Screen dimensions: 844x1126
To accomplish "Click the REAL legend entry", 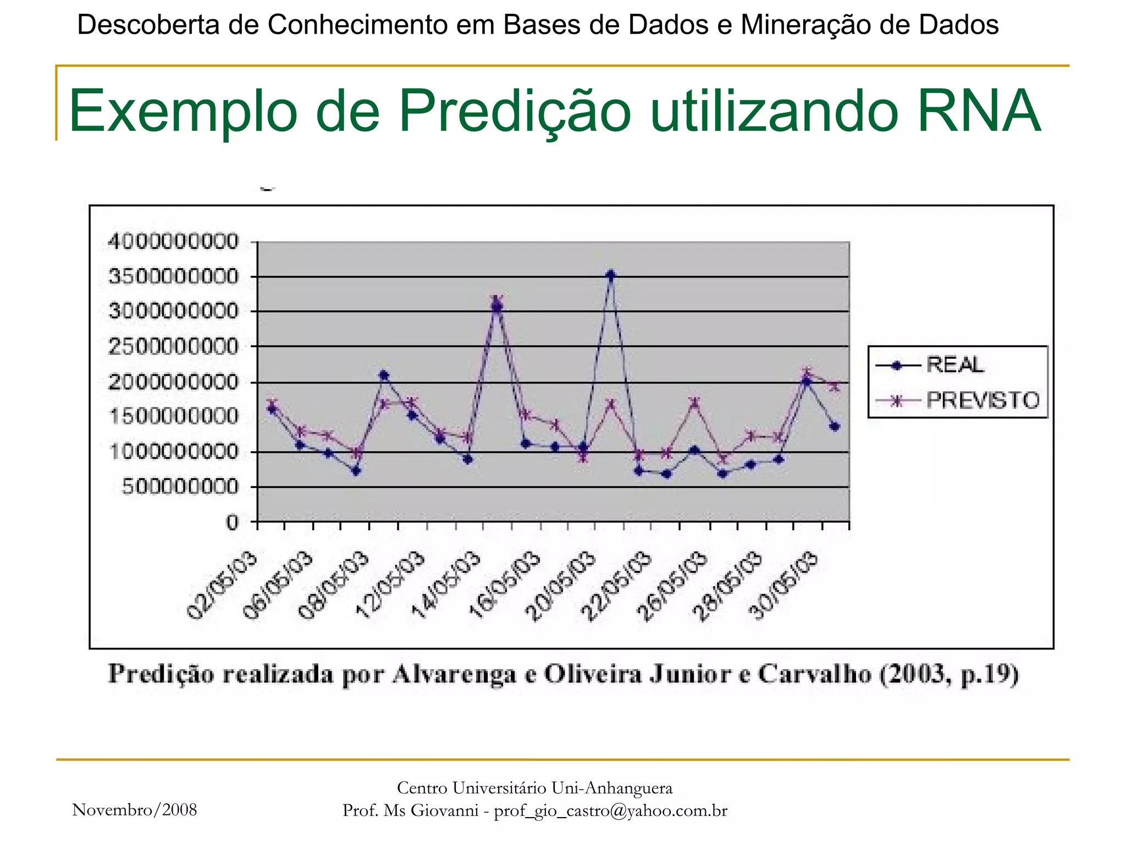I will click(955, 365).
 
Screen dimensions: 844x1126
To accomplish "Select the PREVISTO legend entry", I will click(983, 401).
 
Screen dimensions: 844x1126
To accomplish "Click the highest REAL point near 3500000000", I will click(610, 275).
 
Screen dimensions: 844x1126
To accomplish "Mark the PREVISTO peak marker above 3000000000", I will click(497, 300).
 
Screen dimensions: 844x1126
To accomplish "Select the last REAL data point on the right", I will click(834, 426).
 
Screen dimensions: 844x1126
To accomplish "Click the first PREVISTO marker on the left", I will click(272, 404).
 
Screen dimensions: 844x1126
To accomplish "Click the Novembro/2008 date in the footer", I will click(135, 810).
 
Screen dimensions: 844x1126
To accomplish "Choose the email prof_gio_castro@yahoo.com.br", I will click(610, 811).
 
